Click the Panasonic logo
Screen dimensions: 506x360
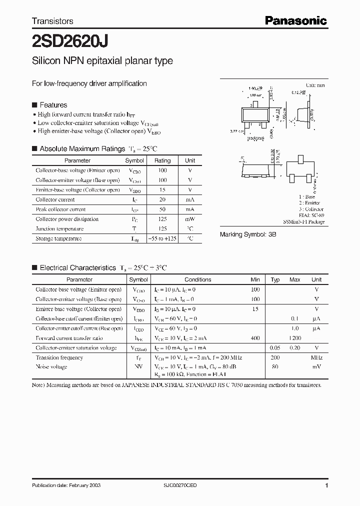pyautogui.click(x=295, y=20)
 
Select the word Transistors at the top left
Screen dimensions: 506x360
pyautogui.click(x=52, y=21)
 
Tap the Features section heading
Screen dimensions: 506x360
pyautogui.click(x=53, y=105)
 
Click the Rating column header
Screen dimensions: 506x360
pyautogui.click(x=162, y=160)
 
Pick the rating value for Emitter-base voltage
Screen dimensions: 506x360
pyautogui.click(x=162, y=190)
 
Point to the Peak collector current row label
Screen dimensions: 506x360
pyautogui.click(x=60, y=209)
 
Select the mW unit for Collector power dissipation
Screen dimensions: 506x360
pyautogui.click(x=190, y=219)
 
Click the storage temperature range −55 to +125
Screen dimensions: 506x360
pyautogui.click(x=162, y=238)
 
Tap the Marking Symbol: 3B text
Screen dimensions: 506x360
pyautogui.click(x=248, y=234)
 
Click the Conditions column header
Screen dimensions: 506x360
pyautogui.click(x=197, y=279)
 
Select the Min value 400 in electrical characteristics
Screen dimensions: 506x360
pyautogui.click(x=255, y=338)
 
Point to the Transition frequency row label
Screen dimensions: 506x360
pyautogui.click(x=59, y=358)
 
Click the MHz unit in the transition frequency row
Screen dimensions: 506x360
pyautogui.click(x=316, y=358)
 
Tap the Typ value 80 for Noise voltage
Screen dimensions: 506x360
pyautogui.click(x=274, y=367)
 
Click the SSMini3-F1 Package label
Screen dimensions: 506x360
pyautogui.click(x=303, y=221)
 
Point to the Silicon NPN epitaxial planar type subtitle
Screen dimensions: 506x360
pyautogui.click(x=102, y=61)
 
